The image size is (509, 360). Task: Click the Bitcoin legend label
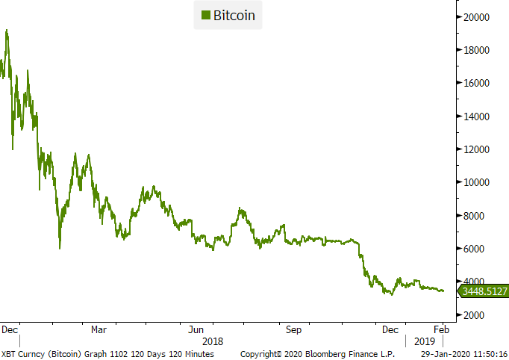(235, 15)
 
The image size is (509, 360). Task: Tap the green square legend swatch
(205, 15)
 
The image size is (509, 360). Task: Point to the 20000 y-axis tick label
(478, 17)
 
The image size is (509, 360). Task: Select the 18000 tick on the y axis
(478, 50)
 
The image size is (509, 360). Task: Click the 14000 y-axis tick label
(478, 117)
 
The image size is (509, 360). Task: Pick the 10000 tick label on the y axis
(478, 182)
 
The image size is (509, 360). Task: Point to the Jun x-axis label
(196, 329)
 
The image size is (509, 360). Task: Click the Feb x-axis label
(441, 329)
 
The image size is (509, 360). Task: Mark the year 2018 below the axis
(212, 340)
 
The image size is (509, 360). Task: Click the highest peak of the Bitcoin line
(7, 31)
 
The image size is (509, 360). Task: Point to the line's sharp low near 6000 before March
(60, 248)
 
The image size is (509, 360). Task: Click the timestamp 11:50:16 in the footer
(486, 353)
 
